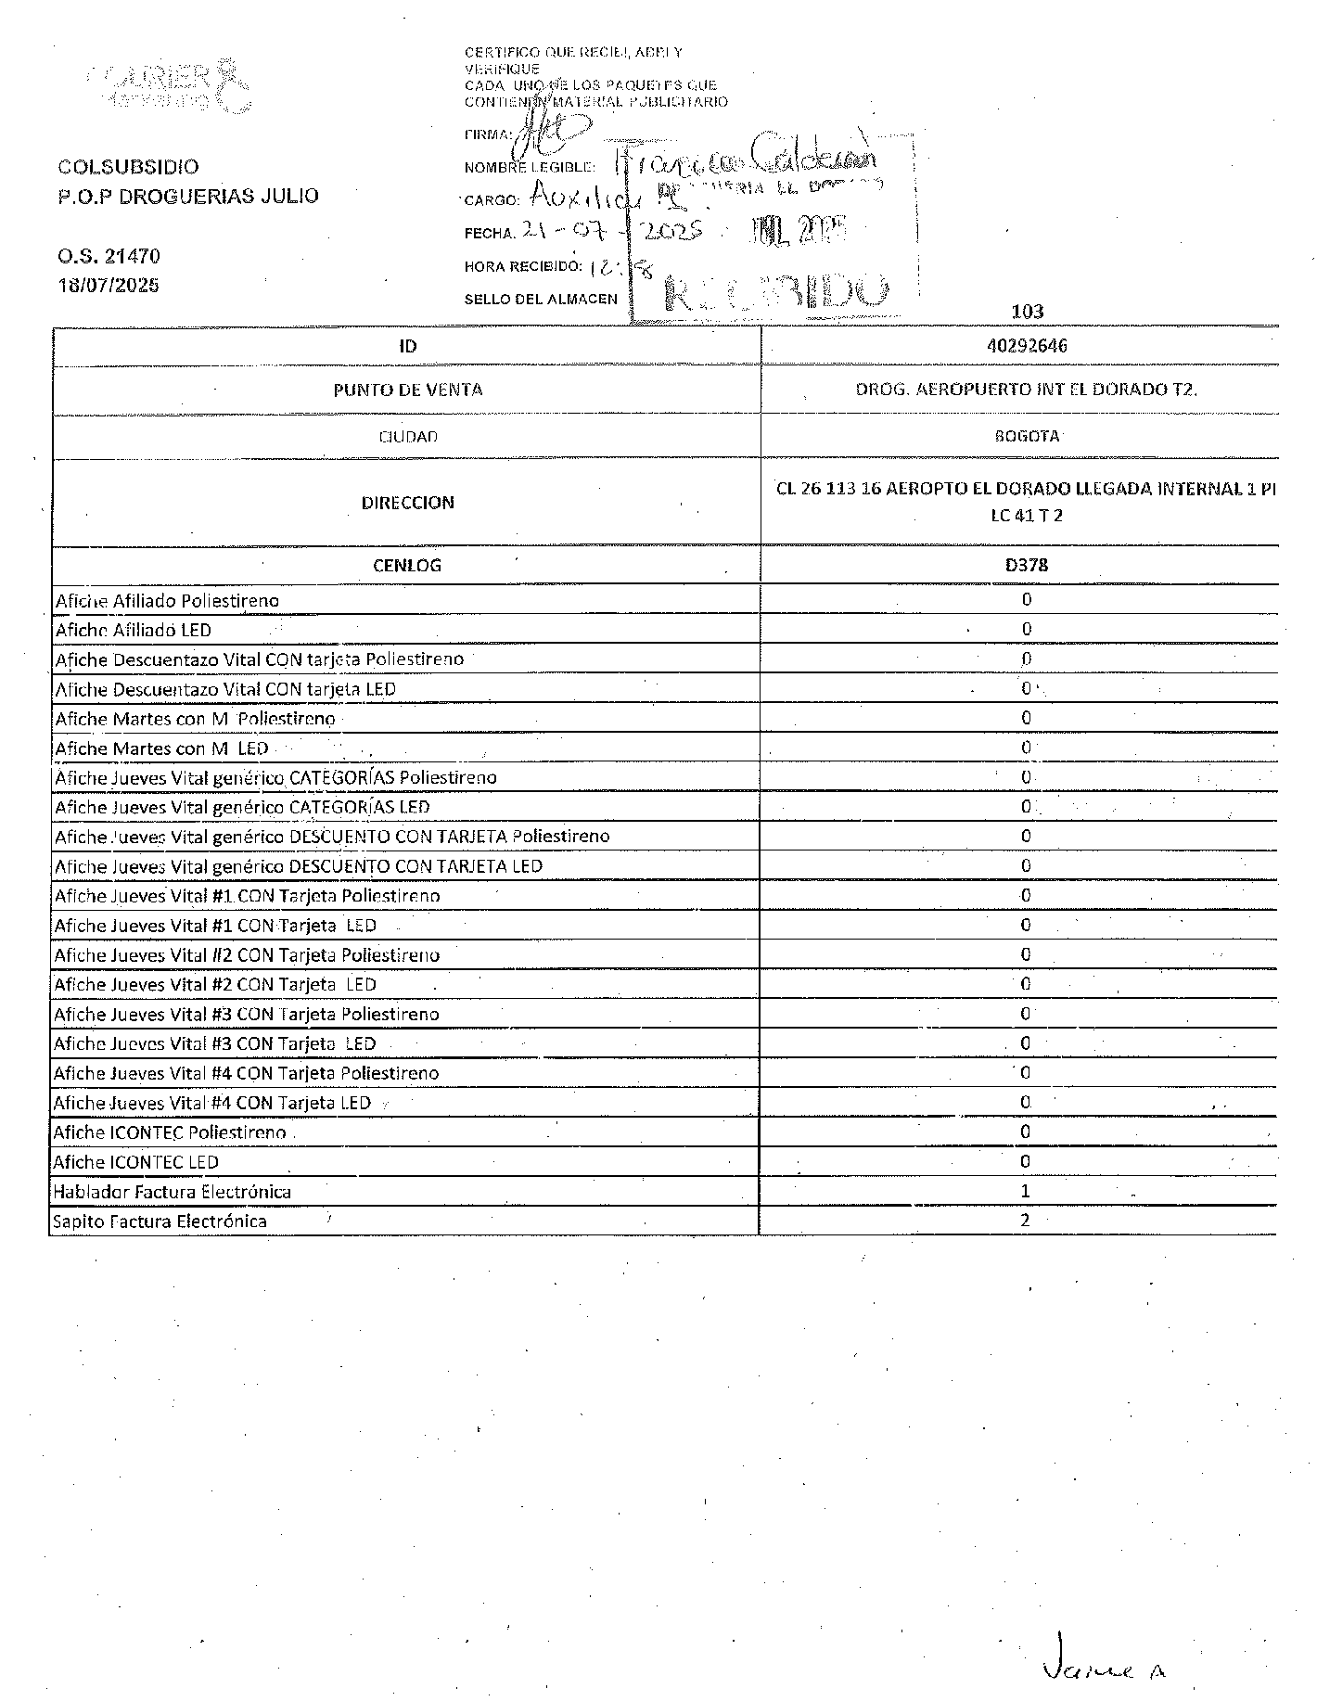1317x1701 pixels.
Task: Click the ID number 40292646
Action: pyautogui.click(x=1027, y=346)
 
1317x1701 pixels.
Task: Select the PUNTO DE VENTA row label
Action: pyautogui.click(x=407, y=390)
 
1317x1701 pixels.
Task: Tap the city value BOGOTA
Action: pyautogui.click(x=1027, y=436)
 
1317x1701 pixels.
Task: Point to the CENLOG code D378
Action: pyautogui.click(x=1027, y=565)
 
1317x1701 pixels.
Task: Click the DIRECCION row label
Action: pyautogui.click(x=407, y=503)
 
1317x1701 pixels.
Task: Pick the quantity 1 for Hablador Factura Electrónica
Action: pyautogui.click(x=1026, y=1191)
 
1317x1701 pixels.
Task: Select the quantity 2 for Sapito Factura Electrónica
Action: pyautogui.click(x=1026, y=1221)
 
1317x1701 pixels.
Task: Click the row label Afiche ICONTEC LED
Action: pyautogui.click(x=135, y=1162)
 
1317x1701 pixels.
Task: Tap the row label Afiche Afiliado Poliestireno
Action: pyautogui.click(x=167, y=601)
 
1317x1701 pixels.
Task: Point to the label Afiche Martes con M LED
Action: pyautogui.click(x=161, y=748)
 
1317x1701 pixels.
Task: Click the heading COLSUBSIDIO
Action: pyautogui.click(x=128, y=167)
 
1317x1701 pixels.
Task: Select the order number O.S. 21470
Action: pyautogui.click(x=109, y=256)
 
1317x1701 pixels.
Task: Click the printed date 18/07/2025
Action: pyautogui.click(x=109, y=286)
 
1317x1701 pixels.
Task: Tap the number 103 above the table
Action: pyautogui.click(x=1028, y=312)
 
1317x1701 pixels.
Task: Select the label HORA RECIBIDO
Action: pyautogui.click(x=523, y=267)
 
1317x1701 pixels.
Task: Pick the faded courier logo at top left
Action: pyautogui.click(x=172, y=85)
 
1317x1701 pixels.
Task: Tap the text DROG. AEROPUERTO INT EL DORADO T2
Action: pyautogui.click(x=1027, y=390)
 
